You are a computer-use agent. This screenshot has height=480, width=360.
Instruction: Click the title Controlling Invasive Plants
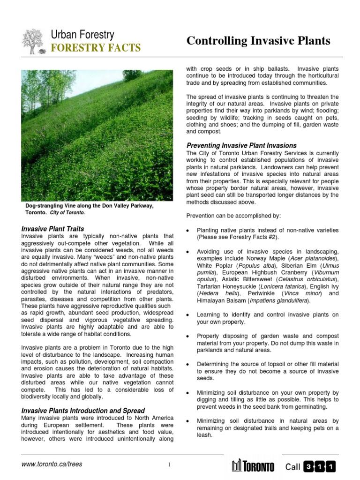[258, 41]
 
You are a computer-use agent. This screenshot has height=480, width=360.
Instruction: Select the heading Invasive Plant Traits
[53, 229]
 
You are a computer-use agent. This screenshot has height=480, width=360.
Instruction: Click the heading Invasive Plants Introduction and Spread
[83, 411]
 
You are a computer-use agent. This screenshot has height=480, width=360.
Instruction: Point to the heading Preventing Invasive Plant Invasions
[241, 145]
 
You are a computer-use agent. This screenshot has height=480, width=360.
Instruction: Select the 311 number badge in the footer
[319, 466]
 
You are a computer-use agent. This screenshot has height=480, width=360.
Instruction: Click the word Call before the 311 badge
[292, 466]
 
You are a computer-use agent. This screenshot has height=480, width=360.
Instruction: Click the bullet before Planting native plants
[187, 231]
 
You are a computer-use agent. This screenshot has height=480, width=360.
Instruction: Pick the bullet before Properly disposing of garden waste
[187, 337]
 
